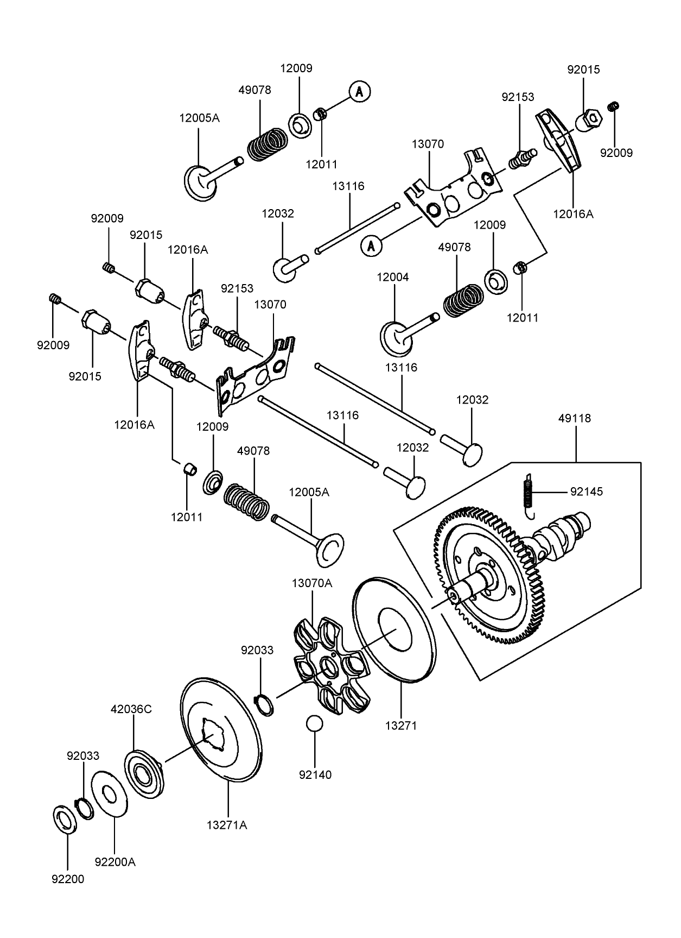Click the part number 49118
click(x=575, y=419)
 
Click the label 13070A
click(x=311, y=583)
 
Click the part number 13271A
click(x=226, y=825)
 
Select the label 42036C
click(x=131, y=709)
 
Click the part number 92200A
click(x=114, y=862)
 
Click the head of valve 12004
click(x=396, y=338)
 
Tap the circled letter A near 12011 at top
click(x=359, y=92)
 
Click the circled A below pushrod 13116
click(x=371, y=246)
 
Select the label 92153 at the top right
click(x=518, y=97)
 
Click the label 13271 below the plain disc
click(x=401, y=725)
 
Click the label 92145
click(x=586, y=492)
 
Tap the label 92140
click(x=315, y=775)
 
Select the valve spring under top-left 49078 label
click(x=268, y=144)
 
